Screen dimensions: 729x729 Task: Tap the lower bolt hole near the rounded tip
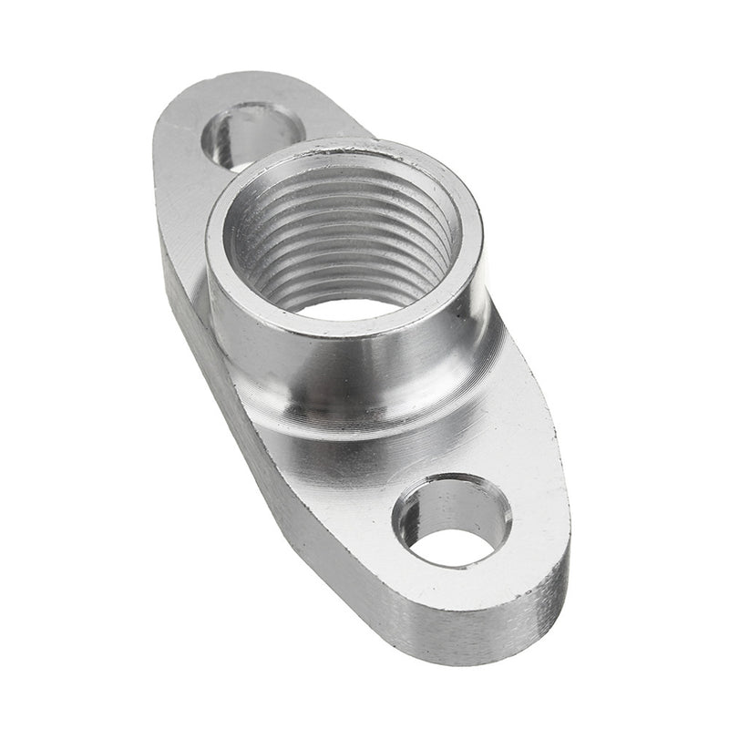453,521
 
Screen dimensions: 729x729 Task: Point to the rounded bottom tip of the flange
510,629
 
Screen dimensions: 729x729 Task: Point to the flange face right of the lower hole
538,510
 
